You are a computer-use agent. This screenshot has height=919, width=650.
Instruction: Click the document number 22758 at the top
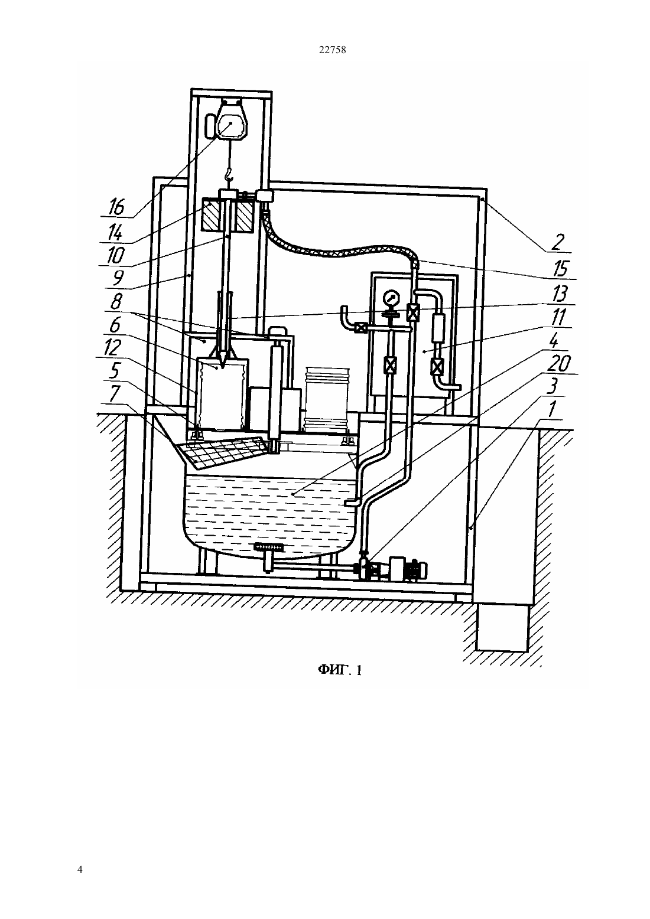[x=332, y=50]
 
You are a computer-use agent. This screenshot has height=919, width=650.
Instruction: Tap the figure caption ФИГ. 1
[x=339, y=670]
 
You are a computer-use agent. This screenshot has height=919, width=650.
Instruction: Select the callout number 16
[x=116, y=207]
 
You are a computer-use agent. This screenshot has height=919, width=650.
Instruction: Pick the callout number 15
[x=560, y=269]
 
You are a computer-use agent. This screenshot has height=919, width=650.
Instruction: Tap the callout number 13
[x=560, y=294]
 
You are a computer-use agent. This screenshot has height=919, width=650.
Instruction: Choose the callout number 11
[x=559, y=317]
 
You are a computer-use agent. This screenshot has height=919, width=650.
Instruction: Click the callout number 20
[x=560, y=364]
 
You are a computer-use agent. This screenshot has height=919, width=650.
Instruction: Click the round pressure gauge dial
[x=390, y=298]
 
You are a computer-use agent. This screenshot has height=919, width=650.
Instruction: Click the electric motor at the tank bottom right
[x=408, y=568]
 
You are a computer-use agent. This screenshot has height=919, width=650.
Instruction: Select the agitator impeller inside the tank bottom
[x=270, y=546]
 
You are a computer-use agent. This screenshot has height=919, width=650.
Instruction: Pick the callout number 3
[x=554, y=386]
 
